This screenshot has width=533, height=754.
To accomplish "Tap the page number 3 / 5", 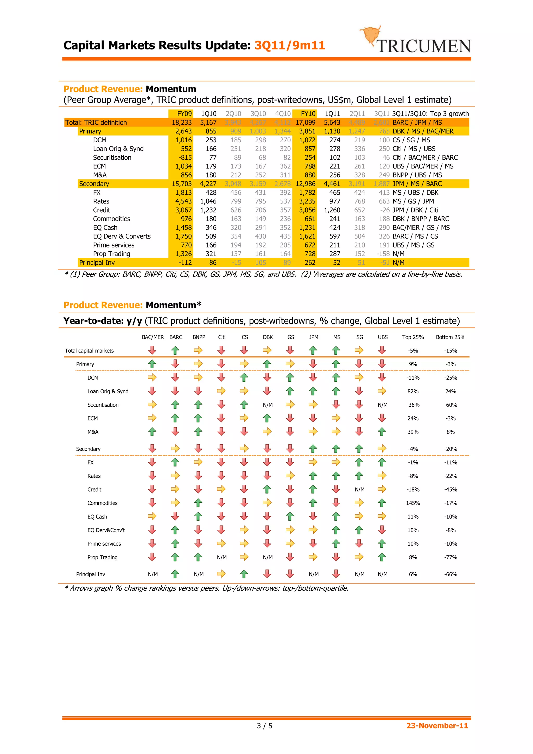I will [264, 725].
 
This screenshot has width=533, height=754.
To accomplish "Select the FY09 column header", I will [184, 114].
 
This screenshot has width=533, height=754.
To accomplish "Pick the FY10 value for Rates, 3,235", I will [307, 201].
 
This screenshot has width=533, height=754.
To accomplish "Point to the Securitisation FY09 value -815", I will [185, 158].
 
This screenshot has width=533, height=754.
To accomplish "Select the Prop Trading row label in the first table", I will [111, 254].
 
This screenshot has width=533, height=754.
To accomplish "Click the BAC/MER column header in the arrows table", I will [153, 337].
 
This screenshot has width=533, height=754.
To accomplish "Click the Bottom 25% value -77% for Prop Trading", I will [450, 557].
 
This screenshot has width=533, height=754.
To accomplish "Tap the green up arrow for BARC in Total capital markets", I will [175, 350].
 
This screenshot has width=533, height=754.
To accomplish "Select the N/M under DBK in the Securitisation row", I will [268, 405].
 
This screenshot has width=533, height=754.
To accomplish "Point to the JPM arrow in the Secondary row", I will [313, 448].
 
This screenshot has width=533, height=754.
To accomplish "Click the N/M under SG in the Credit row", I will [360, 490].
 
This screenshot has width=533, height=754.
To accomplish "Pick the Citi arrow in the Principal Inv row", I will [221, 574].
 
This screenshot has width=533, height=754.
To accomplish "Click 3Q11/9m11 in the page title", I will [290, 45].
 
